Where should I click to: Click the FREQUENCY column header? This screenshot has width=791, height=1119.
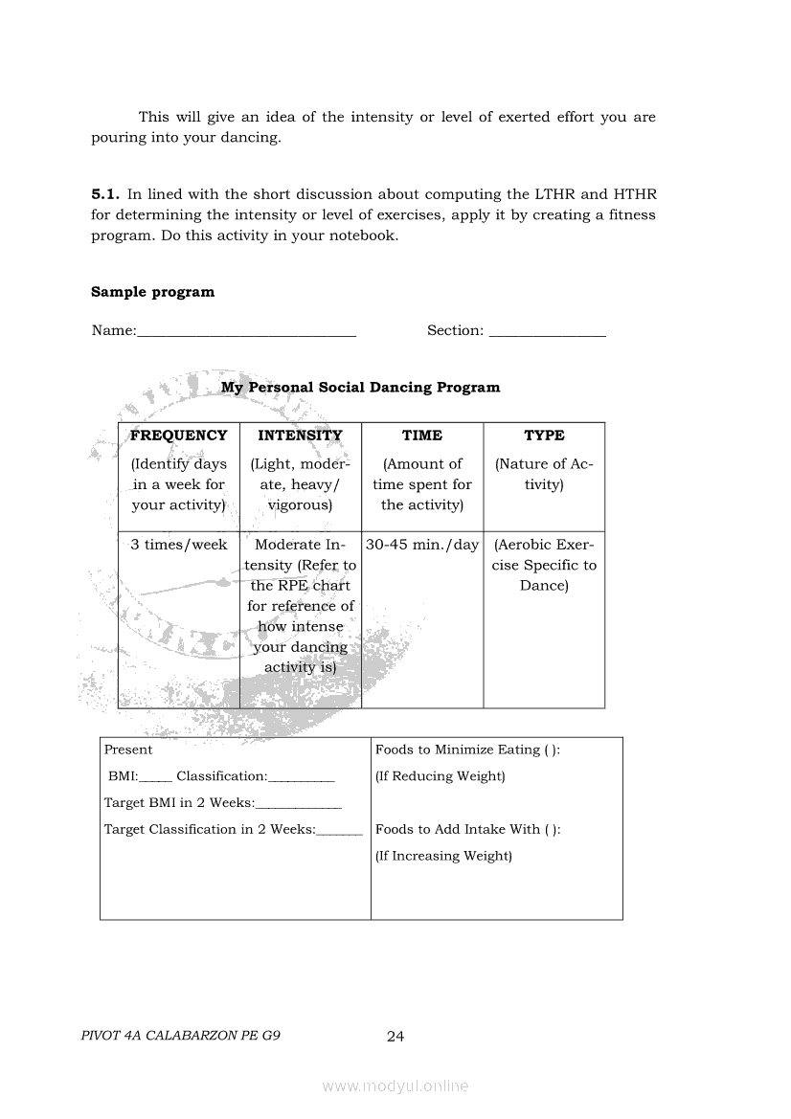click(x=179, y=436)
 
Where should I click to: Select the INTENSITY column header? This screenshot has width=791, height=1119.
click(x=300, y=436)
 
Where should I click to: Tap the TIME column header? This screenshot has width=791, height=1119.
click(x=422, y=436)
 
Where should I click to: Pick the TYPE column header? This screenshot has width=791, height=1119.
click(x=544, y=436)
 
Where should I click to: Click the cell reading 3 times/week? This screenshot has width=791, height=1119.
click(x=179, y=545)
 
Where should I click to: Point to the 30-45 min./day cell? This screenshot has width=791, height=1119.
click(x=422, y=545)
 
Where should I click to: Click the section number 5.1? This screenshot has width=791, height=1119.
click(x=105, y=194)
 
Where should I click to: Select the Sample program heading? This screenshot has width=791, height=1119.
click(x=152, y=292)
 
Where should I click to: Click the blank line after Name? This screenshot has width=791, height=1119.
click(x=246, y=332)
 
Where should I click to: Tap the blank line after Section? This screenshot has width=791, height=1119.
click(x=547, y=332)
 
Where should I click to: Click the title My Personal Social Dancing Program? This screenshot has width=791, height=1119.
click(x=360, y=388)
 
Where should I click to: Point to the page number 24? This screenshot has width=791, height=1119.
click(x=395, y=1036)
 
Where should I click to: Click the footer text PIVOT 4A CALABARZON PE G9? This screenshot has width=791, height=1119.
click(x=182, y=1036)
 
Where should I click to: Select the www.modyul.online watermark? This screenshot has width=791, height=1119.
click(x=395, y=1085)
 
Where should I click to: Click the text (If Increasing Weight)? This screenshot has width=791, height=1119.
click(x=443, y=856)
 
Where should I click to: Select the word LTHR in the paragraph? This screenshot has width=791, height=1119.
click(x=555, y=194)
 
